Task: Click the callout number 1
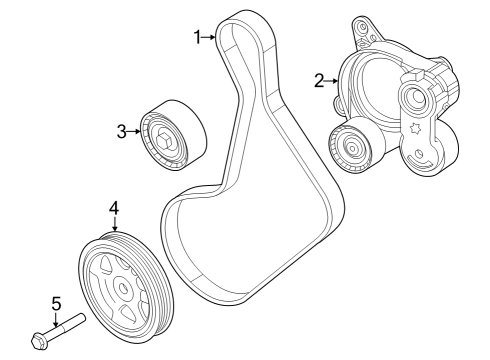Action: point(198,37)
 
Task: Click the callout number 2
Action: point(319,80)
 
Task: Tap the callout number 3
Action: point(121,130)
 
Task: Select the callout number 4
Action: point(114,207)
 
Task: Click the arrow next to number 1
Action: point(211,37)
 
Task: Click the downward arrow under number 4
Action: point(114,224)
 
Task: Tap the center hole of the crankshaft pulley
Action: point(123,287)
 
